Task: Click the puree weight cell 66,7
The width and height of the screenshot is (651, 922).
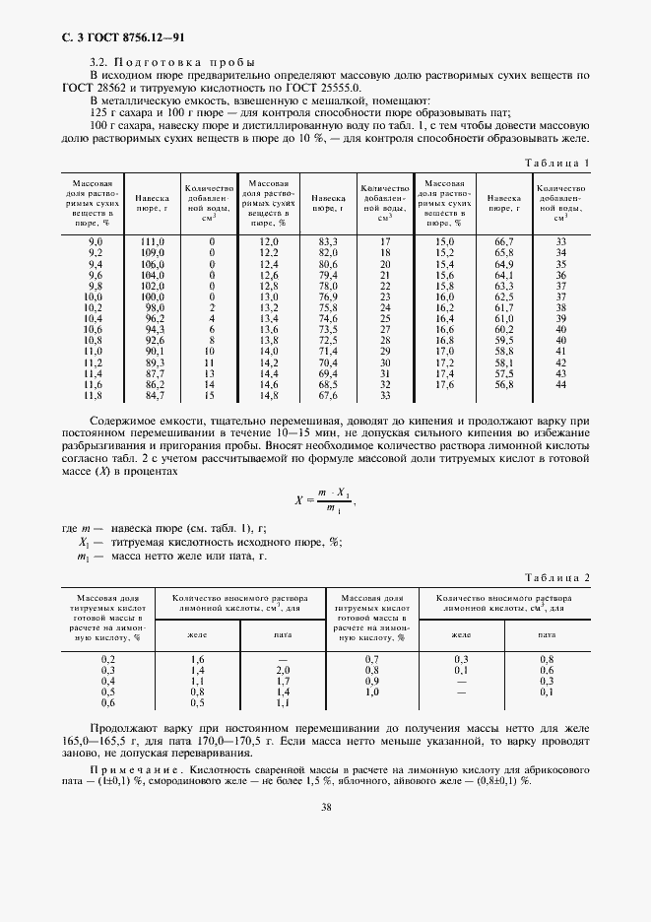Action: point(504,241)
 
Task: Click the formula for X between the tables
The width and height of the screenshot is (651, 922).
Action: point(325,500)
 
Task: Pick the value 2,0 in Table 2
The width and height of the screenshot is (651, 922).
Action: point(284,669)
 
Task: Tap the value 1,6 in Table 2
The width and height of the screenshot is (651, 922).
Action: point(197,658)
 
